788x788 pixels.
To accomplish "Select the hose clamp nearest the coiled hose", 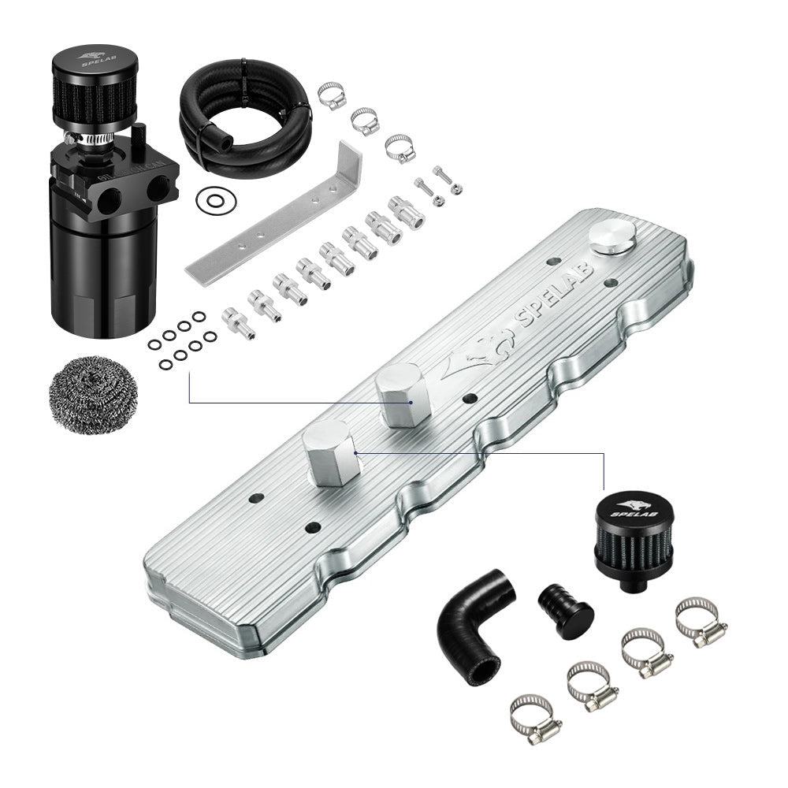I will point(331,95).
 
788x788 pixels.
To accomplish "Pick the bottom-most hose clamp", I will point(535,716).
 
